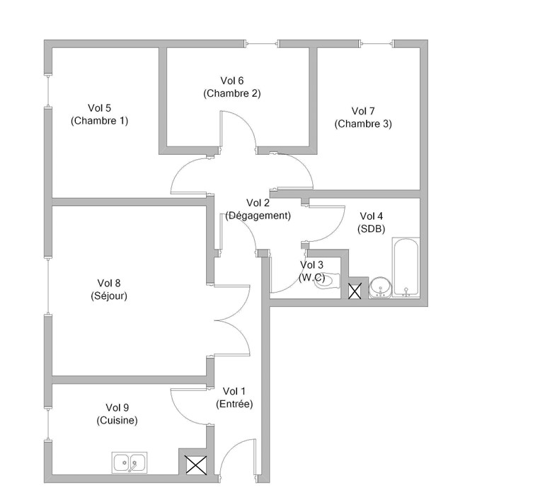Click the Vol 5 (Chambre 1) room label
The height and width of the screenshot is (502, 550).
99,115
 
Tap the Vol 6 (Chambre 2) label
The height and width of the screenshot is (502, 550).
232,87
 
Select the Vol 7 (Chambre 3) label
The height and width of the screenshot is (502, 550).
363,117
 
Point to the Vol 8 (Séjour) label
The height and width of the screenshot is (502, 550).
109,289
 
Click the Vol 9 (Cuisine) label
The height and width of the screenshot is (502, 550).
118,414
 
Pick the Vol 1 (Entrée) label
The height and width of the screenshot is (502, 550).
234,397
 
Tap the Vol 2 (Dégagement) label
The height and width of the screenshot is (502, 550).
258,209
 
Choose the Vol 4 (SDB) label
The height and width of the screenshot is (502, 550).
371,222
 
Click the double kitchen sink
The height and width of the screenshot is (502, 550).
130,462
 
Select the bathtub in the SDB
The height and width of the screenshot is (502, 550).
406,268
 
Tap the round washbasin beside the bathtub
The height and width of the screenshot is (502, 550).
380,288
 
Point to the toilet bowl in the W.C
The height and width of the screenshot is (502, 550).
327,281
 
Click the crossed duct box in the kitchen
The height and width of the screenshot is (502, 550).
196,465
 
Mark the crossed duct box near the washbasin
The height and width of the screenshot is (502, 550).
355,291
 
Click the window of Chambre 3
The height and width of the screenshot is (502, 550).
377,44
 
